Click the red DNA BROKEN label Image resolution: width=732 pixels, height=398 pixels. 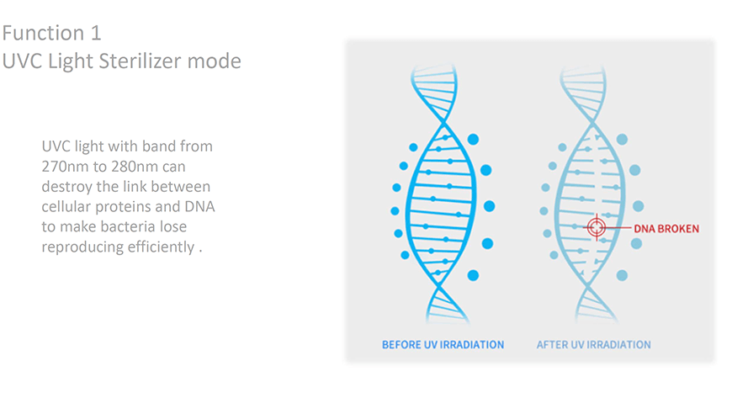coord(666,228)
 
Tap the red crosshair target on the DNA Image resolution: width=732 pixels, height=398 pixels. coord(597,227)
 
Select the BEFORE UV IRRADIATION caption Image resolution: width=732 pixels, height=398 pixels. coord(443,345)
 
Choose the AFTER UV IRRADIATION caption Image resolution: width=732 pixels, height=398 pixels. coord(593,345)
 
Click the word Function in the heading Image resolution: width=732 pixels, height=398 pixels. coord(43,33)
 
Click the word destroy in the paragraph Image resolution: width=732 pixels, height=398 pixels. coord(66,187)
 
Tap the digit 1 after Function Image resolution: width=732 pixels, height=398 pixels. coord(96,33)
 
